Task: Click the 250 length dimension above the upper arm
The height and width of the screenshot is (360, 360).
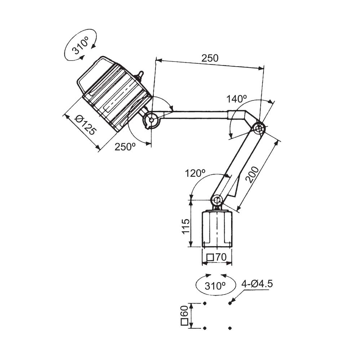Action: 210,58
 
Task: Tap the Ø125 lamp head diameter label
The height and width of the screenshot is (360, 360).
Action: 85,125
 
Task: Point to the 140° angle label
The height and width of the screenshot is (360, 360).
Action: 237,99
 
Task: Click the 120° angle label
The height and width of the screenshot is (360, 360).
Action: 195,173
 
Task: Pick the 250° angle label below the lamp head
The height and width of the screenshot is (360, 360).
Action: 125,147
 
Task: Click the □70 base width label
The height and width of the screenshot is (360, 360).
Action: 216,257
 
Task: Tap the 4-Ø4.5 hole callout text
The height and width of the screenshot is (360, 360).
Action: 257,284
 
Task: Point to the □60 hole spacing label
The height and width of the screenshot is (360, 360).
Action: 184,316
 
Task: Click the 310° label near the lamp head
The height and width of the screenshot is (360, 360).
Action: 80,46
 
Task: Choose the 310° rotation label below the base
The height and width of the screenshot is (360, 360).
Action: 215,286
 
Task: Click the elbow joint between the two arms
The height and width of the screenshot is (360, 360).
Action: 260,129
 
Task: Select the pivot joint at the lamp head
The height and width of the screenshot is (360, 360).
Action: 151,120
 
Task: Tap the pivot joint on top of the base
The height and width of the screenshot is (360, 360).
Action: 217,201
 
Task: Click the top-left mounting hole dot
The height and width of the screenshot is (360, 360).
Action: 205,303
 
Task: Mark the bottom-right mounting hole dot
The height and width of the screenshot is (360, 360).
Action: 230,328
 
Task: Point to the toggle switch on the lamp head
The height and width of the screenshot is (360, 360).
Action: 140,76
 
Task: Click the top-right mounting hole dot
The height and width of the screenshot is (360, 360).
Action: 230,303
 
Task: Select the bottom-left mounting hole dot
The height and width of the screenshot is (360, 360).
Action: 205,328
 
